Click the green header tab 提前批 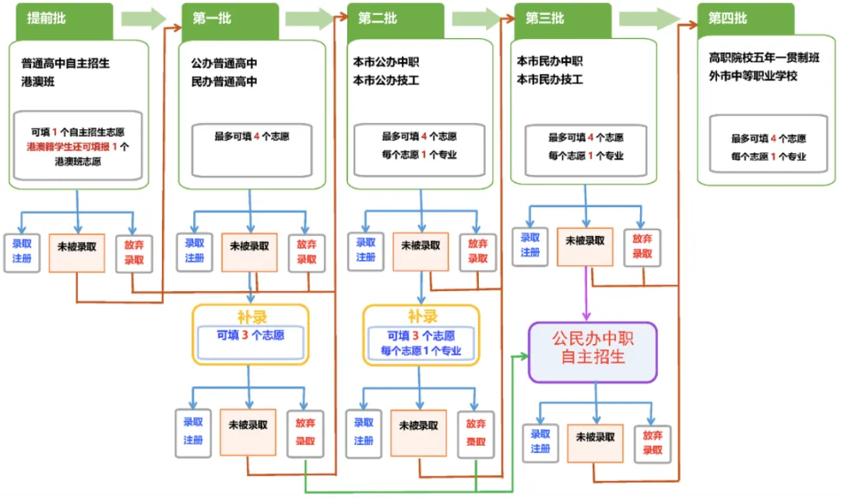click(64, 19)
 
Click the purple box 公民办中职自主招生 click(593, 352)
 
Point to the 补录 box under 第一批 click(251, 335)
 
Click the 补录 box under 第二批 click(420, 335)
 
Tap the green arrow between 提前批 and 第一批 click(144, 19)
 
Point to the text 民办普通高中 click(224, 81)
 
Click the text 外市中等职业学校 click(753, 76)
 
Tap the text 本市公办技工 click(392, 79)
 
